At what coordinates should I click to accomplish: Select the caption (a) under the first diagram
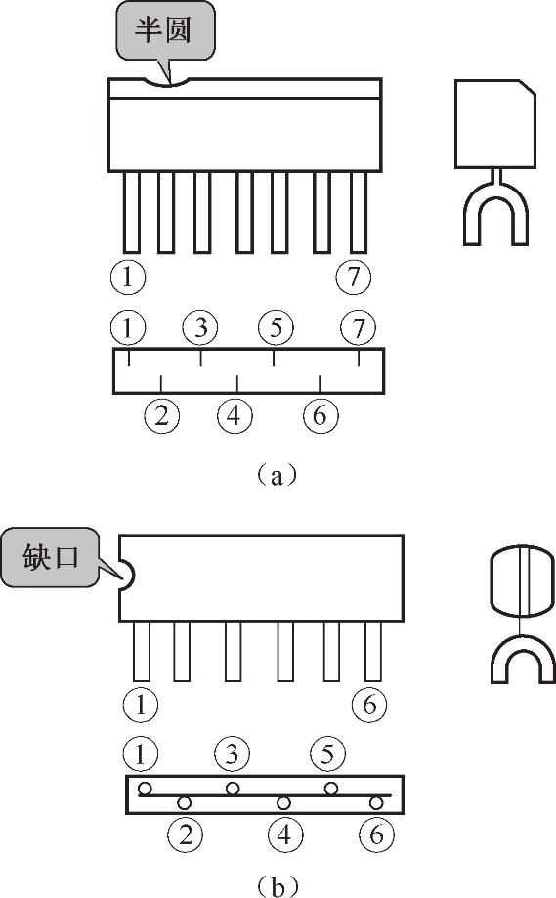[x=278, y=475]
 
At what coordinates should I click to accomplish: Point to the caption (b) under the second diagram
[x=278, y=886]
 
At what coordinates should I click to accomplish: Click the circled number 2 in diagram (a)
[x=162, y=414]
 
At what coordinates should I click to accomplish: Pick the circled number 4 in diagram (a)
[x=235, y=414]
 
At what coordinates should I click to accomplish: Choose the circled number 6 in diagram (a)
[x=321, y=414]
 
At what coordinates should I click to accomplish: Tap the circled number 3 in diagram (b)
[x=232, y=752]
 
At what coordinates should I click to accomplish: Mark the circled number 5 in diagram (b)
[x=327, y=752]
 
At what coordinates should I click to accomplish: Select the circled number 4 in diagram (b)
[x=284, y=834]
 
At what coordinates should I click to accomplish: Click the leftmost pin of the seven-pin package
[x=132, y=212]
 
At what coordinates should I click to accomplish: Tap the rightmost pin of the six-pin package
[x=373, y=651]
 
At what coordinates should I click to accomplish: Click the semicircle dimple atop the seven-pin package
[x=167, y=82]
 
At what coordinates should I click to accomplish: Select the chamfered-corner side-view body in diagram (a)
[x=495, y=124]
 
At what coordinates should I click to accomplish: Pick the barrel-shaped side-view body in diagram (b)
[x=523, y=580]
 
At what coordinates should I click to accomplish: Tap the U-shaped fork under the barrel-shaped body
[x=524, y=659]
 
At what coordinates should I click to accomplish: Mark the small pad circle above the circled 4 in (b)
[x=283, y=803]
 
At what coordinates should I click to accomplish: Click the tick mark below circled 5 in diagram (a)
[x=274, y=358]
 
